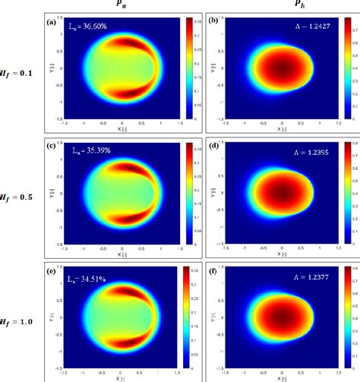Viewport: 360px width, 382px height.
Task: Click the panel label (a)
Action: [50, 22]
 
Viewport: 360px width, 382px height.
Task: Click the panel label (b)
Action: [211, 22]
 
